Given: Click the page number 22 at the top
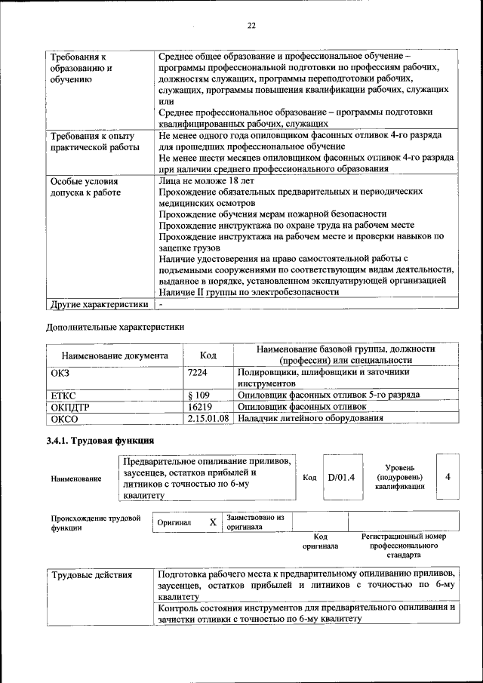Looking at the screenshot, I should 251,26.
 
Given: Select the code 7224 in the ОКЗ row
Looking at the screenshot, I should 198,372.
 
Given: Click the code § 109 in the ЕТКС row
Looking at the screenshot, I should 199,395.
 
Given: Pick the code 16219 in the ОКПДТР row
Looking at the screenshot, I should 200,406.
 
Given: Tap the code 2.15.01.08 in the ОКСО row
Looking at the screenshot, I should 208,417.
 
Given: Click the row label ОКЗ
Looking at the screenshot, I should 60,372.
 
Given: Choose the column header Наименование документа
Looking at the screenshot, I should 115,355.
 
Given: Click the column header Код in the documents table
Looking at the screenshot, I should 208,355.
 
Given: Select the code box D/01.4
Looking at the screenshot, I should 341,477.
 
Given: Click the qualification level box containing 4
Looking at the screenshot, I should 448,477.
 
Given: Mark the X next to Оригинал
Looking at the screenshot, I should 213,522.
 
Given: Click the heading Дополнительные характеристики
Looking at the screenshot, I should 115,328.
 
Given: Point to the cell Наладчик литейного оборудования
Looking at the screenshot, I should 310,417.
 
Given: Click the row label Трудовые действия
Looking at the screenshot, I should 91,575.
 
